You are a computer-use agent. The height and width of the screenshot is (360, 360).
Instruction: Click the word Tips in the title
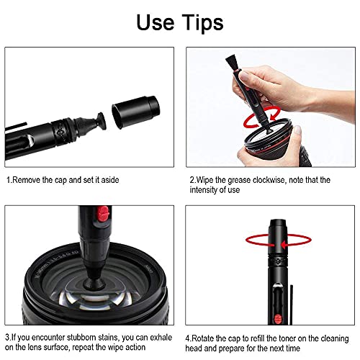click(204, 24)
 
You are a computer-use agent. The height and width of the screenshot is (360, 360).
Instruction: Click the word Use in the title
click(153, 24)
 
